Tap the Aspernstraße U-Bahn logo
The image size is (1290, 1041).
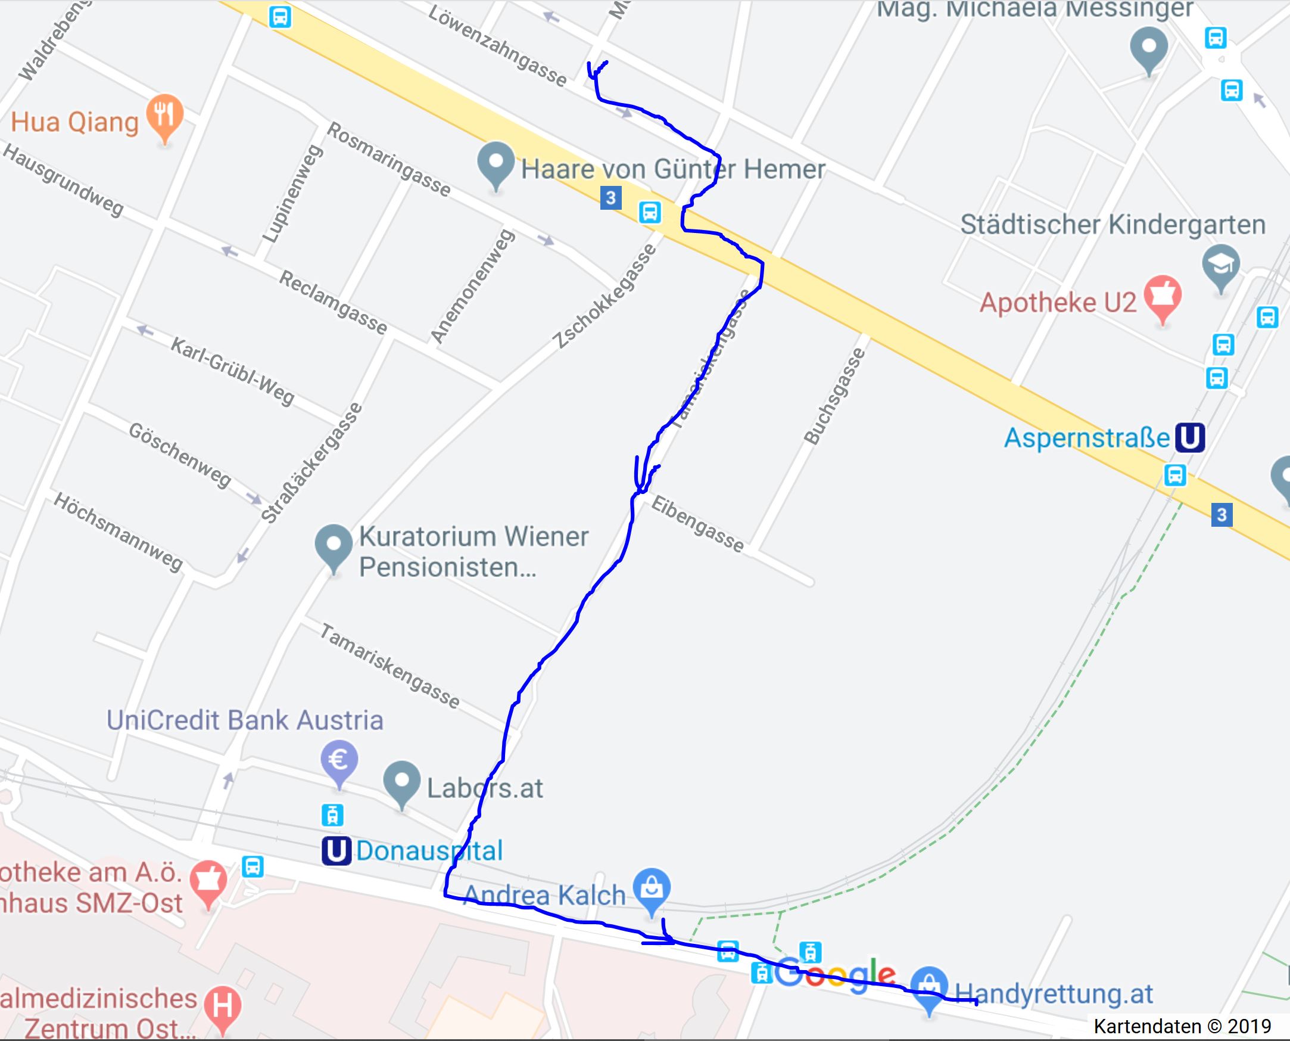pyautogui.click(x=1190, y=438)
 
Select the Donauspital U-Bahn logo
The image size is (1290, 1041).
pyautogui.click(x=336, y=850)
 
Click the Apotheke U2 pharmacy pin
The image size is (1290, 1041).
pyautogui.click(x=1163, y=296)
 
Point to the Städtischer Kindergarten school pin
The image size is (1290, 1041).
pyautogui.click(x=1221, y=265)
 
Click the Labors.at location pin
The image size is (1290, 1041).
pyautogui.click(x=402, y=781)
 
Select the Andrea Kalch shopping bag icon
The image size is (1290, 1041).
pyautogui.click(x=652, y=888)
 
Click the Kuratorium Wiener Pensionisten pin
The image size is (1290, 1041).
pyautogui.click(x=334, y=545)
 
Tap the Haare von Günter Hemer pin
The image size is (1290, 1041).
pyautogui.click(x=496, y=163)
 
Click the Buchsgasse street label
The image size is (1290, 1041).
pyautogui.click(x=834, y=396)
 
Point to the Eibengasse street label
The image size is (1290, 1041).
pyautogui.click(x=697, y=524)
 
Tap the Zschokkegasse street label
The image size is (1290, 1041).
pyautogui.click(x=606, y=296)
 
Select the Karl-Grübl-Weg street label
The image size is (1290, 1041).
pyautogui.click(x=233, y=371)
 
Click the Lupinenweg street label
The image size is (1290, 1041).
pyautogui.click(x=293, y=194)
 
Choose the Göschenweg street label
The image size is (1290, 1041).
pyautogui.click(x=180, y=455)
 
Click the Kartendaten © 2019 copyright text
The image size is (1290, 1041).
pyautogui.click(x=1182, y=1027)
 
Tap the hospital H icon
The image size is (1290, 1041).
pyautogui.click(x=222, y=1006)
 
